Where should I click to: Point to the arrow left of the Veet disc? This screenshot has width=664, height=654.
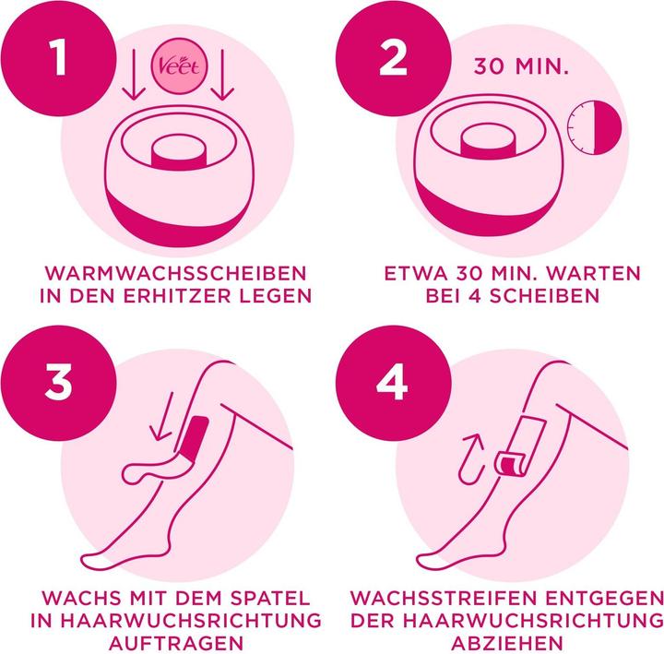133,77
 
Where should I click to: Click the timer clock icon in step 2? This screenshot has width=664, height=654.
591,128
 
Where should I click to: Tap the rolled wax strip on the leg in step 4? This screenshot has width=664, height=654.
510,464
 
